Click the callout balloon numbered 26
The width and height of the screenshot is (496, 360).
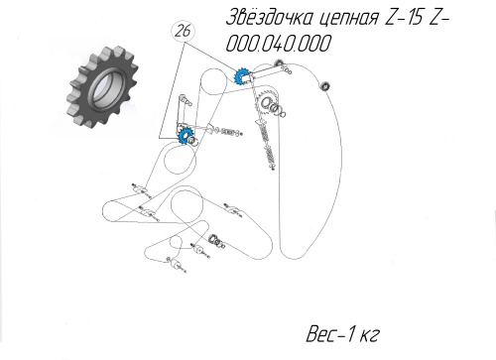point(183,32)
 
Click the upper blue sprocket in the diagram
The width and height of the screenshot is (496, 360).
point(240,77)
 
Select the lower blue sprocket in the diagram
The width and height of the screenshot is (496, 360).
point(184,137)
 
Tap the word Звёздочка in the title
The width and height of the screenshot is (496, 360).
point(270,17)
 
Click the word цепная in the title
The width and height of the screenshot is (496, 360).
point(349,19)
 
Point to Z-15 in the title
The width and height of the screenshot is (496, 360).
point(404,18)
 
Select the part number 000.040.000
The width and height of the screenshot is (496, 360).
point(278,44)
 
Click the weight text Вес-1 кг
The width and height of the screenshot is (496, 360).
point(342,334)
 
